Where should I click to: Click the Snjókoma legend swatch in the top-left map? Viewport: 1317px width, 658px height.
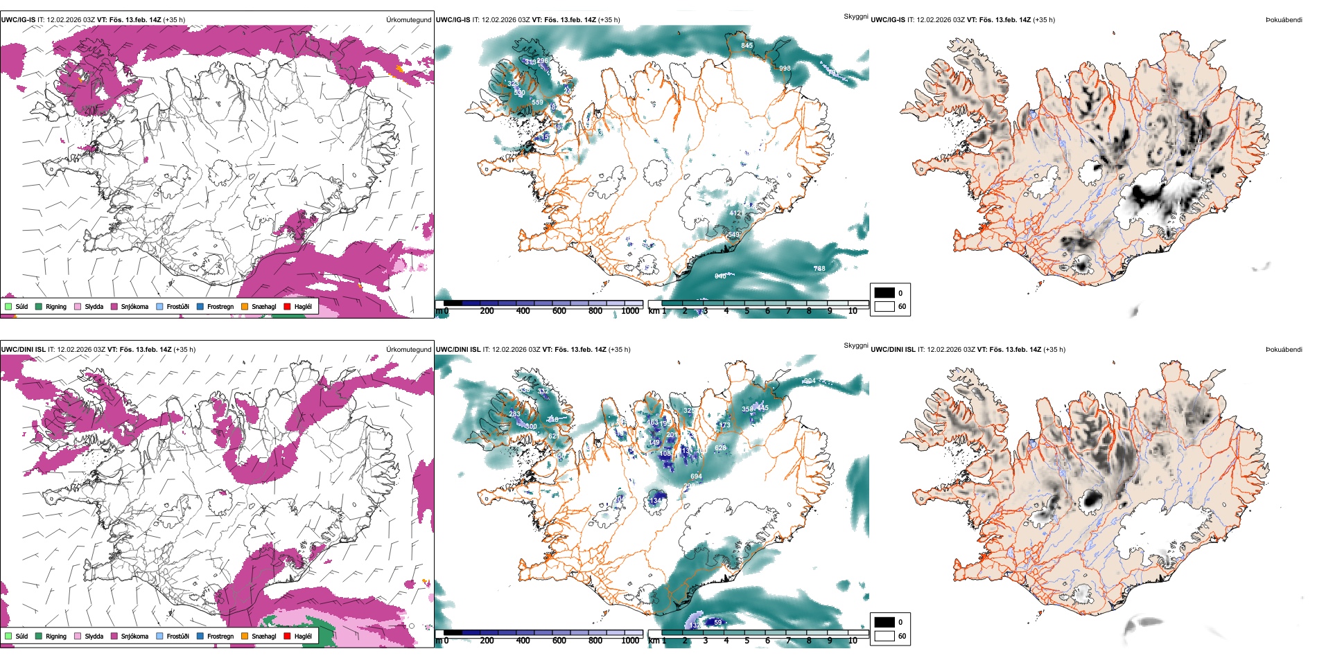pos(114,306)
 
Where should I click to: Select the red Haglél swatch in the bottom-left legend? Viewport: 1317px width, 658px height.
pos(287,636)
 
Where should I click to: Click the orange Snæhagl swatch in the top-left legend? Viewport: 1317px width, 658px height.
pos(245,306)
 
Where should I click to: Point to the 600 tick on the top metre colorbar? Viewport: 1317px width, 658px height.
pos(559,311)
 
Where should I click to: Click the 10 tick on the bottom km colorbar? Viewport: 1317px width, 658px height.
pos(853,641)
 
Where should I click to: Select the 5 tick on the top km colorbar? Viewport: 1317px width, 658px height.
pos(747,311)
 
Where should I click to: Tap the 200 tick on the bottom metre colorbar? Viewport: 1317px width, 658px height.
pos(487,641)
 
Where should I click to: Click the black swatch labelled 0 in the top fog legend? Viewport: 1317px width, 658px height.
pos(884,293)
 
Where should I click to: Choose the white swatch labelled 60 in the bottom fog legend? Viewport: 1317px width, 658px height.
pos(884,636)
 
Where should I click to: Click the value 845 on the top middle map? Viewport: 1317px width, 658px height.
pos(747,46)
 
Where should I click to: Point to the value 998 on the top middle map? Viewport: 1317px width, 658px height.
pos(784,69)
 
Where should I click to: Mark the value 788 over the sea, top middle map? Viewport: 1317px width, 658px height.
pos(819,269)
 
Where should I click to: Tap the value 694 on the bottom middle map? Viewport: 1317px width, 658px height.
pos(696,477)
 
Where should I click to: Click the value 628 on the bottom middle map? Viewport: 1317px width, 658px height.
pos(720,448)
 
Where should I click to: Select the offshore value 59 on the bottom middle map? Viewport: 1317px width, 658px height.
pos(717,622)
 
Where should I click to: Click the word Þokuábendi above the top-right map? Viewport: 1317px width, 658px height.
pos(1284,20)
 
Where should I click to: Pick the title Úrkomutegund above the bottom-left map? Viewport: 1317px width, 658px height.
pos(408,350)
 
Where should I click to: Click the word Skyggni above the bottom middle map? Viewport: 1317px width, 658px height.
pos(855,346)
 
